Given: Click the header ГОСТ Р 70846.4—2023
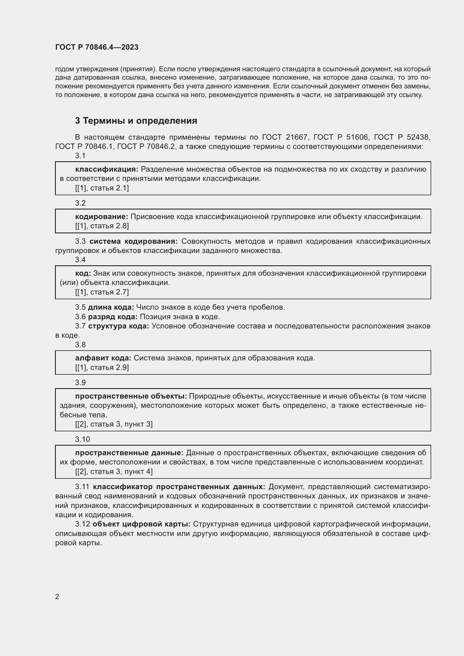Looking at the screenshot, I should click(97, 47).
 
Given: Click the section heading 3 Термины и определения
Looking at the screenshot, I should click(136, 121).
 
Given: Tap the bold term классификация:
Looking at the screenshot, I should click(107, 169).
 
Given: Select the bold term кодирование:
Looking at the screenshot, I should click(102, 217).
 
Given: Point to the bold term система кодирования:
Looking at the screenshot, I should click(134, 241).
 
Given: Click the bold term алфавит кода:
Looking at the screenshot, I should click(103, 358).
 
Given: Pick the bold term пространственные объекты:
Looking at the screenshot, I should click(131, 396).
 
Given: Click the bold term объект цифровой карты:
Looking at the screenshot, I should click(141, 524).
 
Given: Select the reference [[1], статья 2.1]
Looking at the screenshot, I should click(102, 188).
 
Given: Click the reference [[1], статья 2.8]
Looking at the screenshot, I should click(102, 226).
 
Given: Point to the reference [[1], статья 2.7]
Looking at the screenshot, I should click(102, 292).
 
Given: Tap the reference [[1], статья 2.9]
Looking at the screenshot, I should click(102, 367).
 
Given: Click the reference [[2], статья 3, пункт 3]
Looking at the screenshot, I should click(114, 424).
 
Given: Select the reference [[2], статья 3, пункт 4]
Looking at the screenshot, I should click(114, 471).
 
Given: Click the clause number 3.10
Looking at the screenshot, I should click(82, 439).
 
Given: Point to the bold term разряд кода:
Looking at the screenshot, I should click(112, 317).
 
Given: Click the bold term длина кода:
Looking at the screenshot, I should click(111, 307).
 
